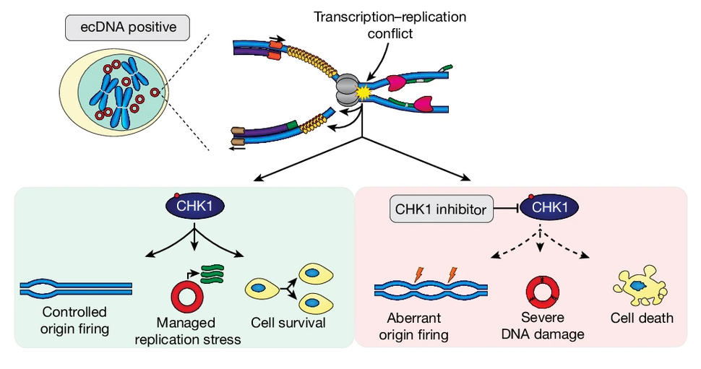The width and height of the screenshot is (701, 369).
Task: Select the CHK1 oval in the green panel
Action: click(194, 206)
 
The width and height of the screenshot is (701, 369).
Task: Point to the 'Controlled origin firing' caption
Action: click(74, 321)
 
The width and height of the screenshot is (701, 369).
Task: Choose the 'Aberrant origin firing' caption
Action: click(413, 326)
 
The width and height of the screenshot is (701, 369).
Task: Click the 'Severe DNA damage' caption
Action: click(546, 326)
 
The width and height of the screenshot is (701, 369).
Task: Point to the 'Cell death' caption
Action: click(641, 317)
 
